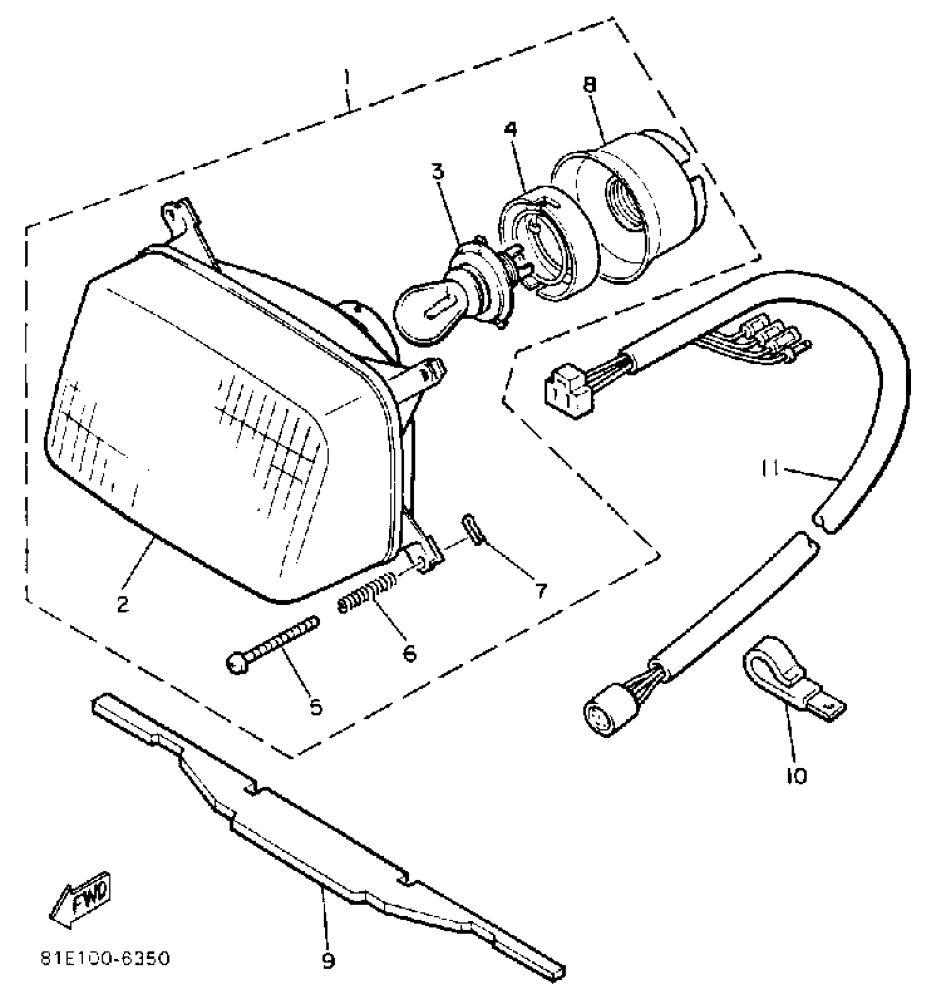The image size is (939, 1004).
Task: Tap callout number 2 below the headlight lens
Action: [x=123, y=603]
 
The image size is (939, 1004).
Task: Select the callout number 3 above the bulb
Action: [x=438, y=172]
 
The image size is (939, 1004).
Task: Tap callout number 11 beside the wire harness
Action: [x=769, y=469]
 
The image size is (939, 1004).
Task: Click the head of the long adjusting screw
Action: [x=238, y=663]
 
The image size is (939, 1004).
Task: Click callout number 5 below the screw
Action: [x=316, y=707]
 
